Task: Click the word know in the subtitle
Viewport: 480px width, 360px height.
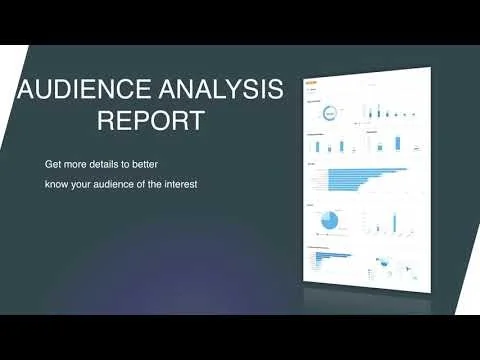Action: pyautogui.click(x=58, y=183)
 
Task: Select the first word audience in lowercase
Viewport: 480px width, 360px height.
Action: pyautogui.click(x=120, y=183)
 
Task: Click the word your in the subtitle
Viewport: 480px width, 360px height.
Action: pyautogui.click(x=86, y=183)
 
